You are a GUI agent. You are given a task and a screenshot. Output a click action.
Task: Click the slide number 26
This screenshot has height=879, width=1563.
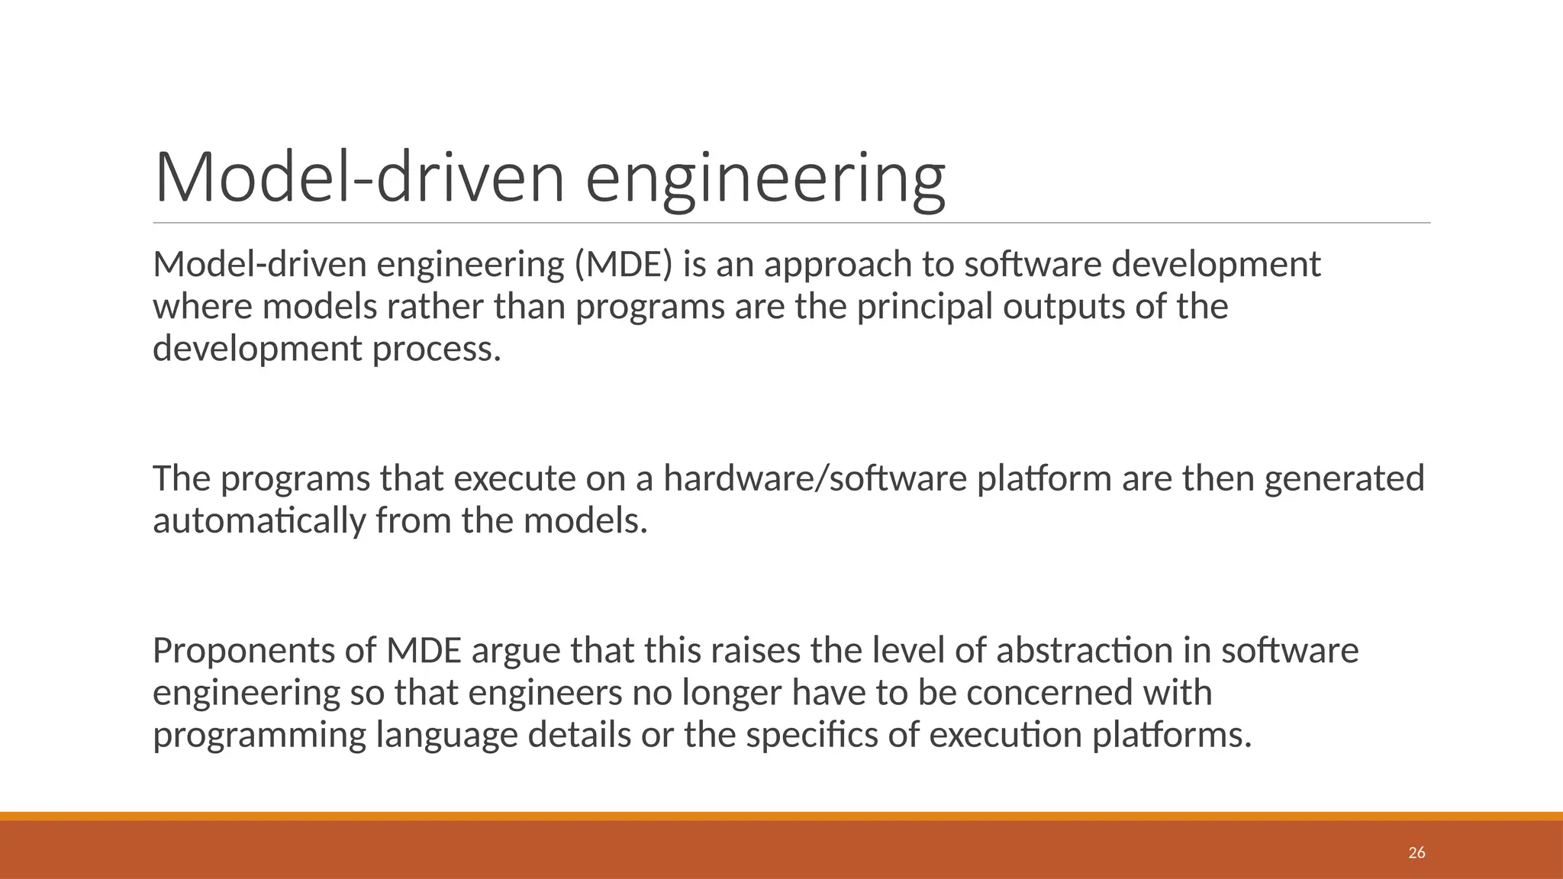(x=1416, y=852)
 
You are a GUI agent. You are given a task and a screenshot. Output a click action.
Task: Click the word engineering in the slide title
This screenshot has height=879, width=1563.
(x=765, y=179)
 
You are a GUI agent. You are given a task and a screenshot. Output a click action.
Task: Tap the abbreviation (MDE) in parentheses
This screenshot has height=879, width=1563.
(x=624, y=265)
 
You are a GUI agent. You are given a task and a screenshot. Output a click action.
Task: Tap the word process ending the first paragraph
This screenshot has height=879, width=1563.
(x=437, y=349)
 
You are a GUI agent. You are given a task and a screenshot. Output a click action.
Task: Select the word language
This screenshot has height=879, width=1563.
(x=446, y=736)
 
